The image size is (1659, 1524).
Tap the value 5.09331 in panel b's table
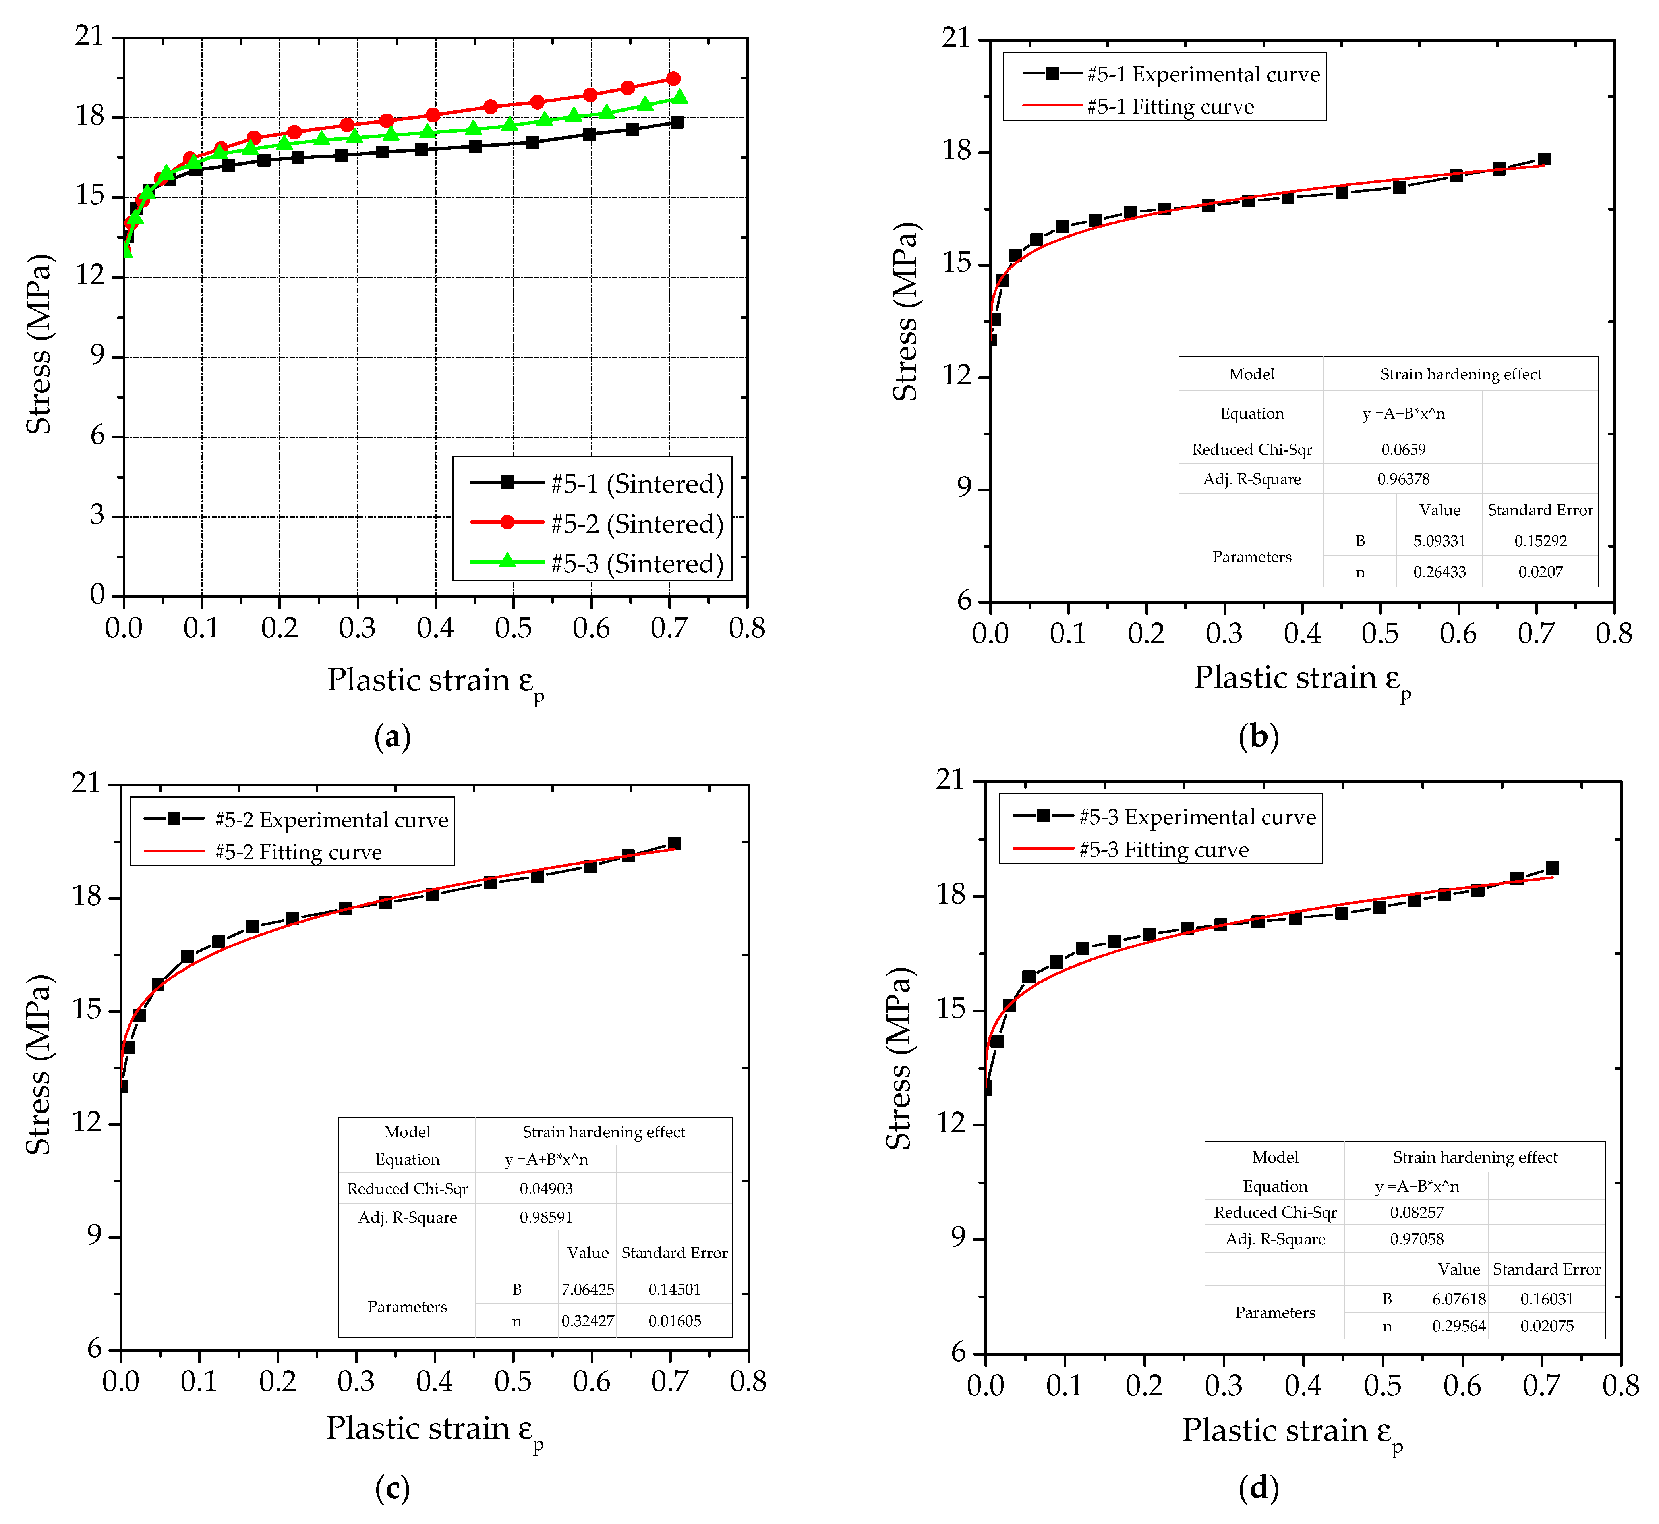pos(1440,541)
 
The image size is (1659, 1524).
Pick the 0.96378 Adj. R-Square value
pos(1403,479)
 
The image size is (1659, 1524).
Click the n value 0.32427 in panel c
pos(588,1321)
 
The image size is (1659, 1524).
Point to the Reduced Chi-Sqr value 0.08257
pos(1416,1212)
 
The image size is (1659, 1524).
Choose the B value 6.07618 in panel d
pos(1458,1299)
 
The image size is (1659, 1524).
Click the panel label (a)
pos(392,736)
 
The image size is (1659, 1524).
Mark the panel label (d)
pos(1259,1488)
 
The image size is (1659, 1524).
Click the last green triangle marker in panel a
pos(680,97)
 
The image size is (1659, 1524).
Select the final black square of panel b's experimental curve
pos(1543,159)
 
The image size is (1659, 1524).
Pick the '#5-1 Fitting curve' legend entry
pos(1170,106)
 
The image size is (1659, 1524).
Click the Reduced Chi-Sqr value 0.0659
pos(1403,450)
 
